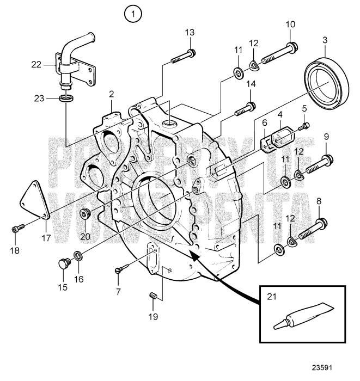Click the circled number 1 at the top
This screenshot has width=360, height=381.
(132, 13)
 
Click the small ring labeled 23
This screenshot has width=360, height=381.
(66, 99)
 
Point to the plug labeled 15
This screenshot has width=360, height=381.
(64, 265)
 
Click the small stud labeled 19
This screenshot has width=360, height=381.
(154, 296)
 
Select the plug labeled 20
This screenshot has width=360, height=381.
(85, 212)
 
